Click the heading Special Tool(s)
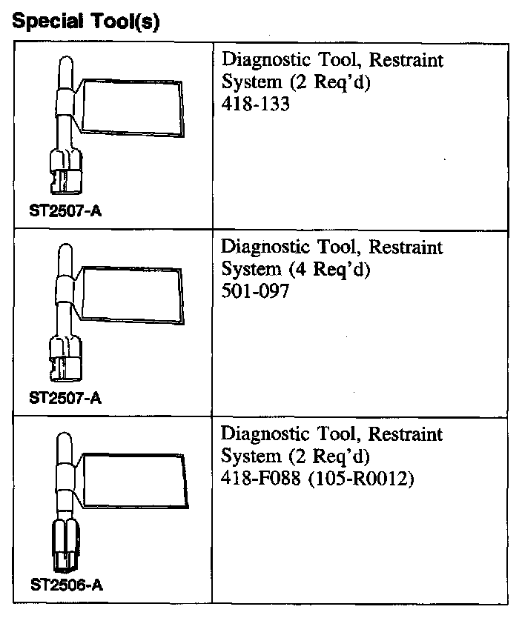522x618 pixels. coord(87,21)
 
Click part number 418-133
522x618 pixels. coord(255,105)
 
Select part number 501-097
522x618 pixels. coord(255,292)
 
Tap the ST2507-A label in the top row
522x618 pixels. coord(66,211)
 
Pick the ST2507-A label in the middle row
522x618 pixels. coord(66,398)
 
